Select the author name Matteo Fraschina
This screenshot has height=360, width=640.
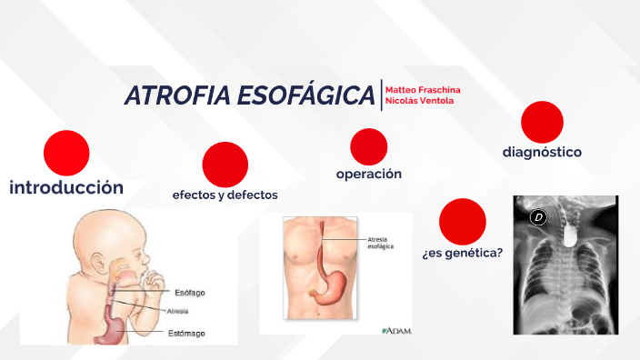point(423,89)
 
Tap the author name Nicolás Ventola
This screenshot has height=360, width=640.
point(420,100)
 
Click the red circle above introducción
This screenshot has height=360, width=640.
point(66,153)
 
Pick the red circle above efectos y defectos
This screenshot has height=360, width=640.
point(225,165)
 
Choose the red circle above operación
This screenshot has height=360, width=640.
point(368,146)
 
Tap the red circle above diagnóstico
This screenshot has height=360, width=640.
point(542,122)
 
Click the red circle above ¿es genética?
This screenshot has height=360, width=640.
point(462,221)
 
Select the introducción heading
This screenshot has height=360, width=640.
point(66,187)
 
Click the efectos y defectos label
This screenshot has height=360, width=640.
point(225,195)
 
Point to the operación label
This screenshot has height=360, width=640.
point(368,173)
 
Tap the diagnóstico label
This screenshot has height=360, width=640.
point(542,152)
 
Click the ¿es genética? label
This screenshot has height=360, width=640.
point(462,252)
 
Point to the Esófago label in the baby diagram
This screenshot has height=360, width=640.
point(189,292)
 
